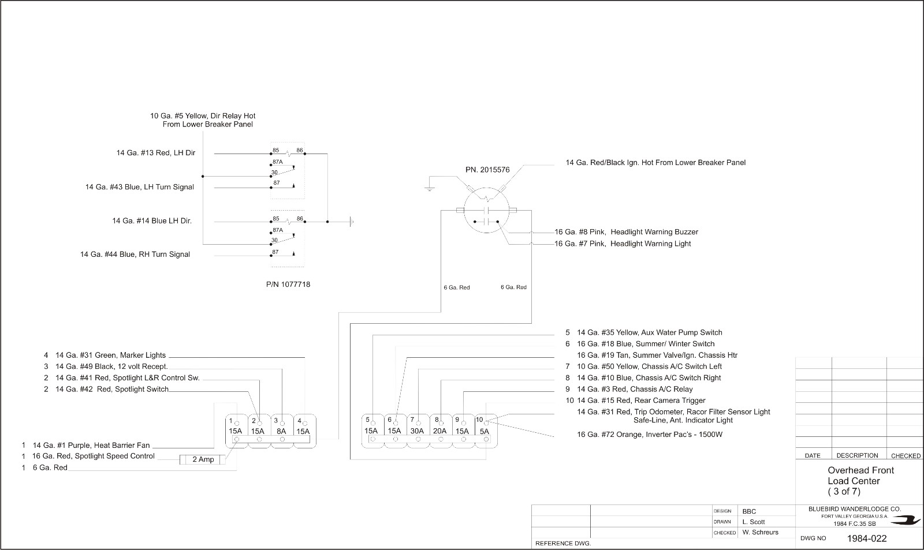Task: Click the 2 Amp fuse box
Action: tap(203, 459)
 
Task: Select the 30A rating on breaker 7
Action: tap(417, 431)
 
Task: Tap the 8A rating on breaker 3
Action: tap(281, 431)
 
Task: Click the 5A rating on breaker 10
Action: tap(485, 431)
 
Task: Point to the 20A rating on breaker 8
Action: tap(439, 431)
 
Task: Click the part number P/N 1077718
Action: tap(288, 284)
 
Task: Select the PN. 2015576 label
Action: tap(487, 170)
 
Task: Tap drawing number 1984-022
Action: tap(867, 538)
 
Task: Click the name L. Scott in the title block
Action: tap(754, 522)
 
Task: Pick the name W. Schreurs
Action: tap(760, 532)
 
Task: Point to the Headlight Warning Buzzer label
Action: tap(654, 231)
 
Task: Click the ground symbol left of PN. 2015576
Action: tap(430, 189)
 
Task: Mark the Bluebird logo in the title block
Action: tap(906, 521)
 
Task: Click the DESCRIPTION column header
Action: tap(857, 455)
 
